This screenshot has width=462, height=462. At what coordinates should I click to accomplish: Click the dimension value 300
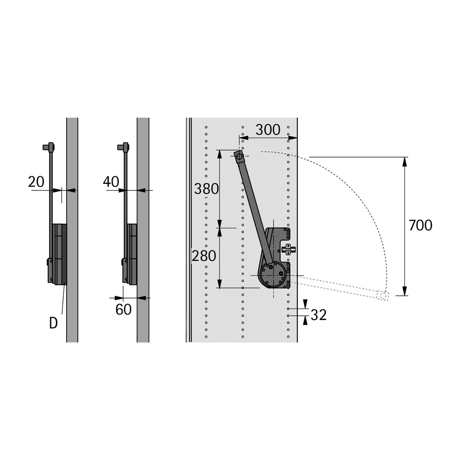(268, 130)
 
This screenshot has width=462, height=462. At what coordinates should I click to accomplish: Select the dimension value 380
(207, 189)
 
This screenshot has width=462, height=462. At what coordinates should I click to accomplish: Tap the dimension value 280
(204, 256)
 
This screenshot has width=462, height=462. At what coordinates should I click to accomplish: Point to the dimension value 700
(421, 225)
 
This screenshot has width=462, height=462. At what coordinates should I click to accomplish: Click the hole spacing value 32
(319, 315)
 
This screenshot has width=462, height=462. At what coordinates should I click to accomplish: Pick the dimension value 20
(36, 182)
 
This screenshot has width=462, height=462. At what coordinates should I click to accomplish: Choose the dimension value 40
(111, 182)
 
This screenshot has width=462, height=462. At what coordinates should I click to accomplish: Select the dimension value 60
(124, 309)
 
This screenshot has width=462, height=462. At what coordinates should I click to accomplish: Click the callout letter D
(53, 323)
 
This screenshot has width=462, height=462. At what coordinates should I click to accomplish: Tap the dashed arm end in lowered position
(383, 296)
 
